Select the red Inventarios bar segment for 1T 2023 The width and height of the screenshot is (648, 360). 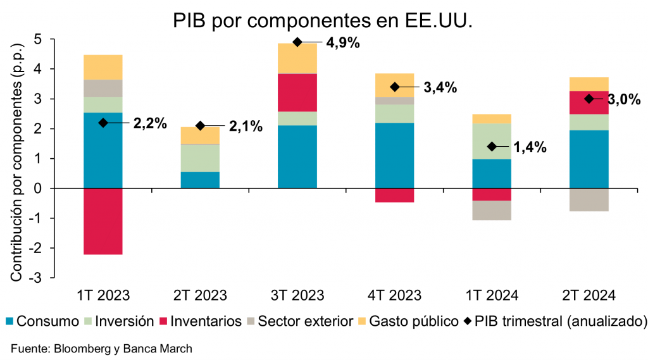pos(103,221)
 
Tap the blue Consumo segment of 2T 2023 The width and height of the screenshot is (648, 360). pos(200,180)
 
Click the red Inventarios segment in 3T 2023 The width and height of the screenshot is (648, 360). pos(297,92)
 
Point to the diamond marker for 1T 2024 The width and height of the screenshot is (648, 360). pos(492,147)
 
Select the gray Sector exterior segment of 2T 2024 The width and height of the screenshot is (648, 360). pos(589,199)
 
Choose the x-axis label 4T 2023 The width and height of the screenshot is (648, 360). pos(394,295)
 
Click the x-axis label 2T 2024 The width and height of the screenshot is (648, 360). pos(589,295)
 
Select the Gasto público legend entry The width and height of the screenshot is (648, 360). pos(412,321)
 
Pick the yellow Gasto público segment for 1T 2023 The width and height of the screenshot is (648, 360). pos(103,67)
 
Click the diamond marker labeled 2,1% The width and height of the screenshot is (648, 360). pos(201,126)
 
